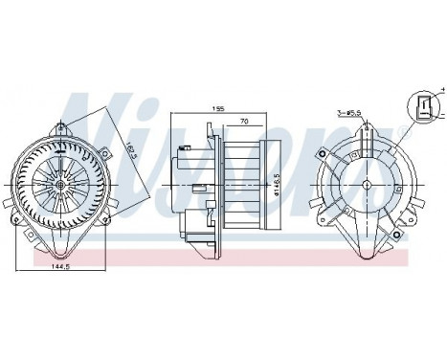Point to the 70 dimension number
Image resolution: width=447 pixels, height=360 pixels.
[x=246, y=123]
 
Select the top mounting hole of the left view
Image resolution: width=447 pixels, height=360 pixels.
[x=62, y=124]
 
